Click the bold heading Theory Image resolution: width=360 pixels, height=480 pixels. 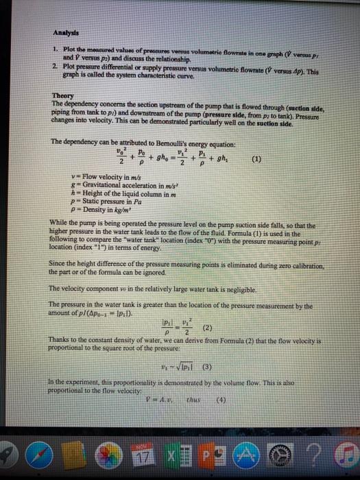63,97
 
